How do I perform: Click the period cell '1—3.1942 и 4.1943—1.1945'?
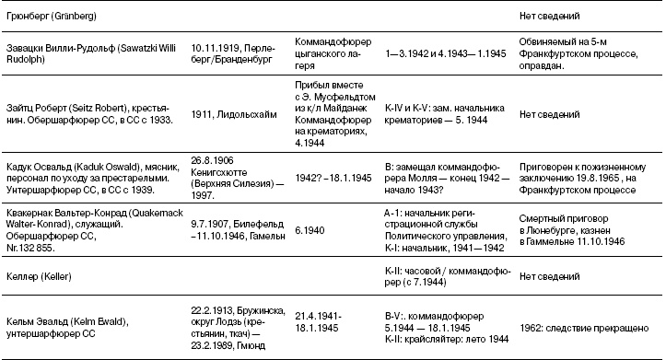coord(444,45)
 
